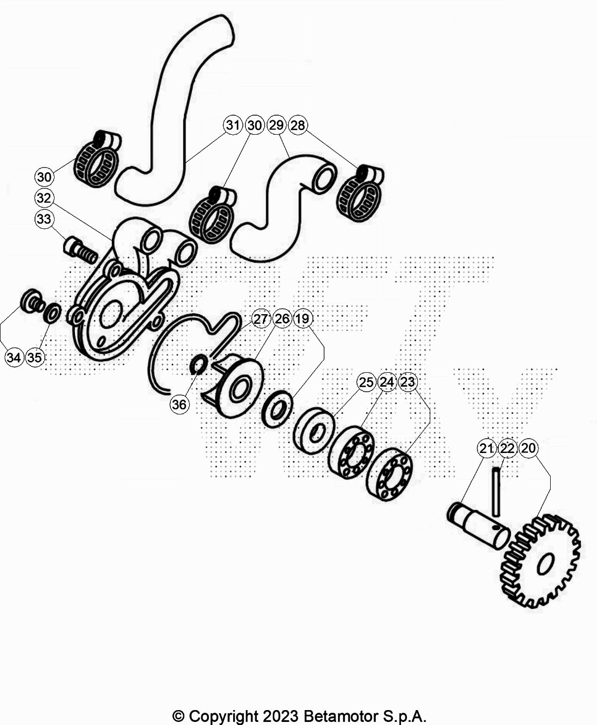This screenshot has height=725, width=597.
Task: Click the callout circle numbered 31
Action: click(233, 125)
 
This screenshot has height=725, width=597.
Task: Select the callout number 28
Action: click(298, 125)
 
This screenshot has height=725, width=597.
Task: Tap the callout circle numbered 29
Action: click(276, 125)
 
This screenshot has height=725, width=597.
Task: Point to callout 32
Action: click(44, 198)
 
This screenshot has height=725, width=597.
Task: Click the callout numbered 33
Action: click(44, 219)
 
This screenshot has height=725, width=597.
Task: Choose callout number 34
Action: click(14, 357)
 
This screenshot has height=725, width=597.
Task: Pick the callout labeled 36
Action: click(179, 404)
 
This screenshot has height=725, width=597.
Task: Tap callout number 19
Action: click(303, 319)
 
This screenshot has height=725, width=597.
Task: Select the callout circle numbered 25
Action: click(366, 382)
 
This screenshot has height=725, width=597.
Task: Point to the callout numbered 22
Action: click(507, 448)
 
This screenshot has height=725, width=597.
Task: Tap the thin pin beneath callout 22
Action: click(496, 492)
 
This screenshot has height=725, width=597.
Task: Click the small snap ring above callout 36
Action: click(199, 364)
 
